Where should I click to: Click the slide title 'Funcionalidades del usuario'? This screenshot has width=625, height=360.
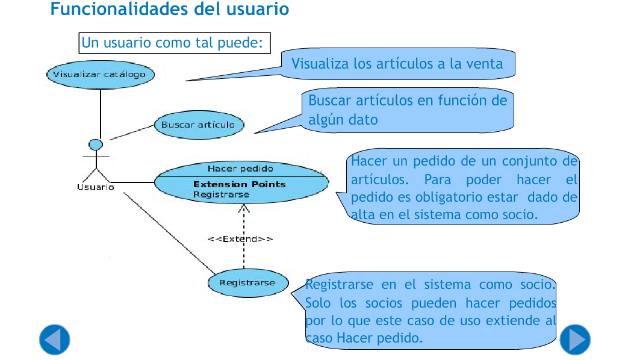click(169, 9)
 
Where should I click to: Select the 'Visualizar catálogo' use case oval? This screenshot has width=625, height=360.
click(101, 75)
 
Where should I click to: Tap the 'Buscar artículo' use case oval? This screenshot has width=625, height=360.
click(199, 125)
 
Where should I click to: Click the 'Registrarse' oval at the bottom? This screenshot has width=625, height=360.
click(248, 283)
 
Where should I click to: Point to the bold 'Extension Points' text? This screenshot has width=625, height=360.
click(240, 184)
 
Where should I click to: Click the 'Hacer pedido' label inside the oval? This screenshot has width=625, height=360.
click(240, 169)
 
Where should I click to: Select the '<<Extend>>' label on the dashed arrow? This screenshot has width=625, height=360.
click(240, 239)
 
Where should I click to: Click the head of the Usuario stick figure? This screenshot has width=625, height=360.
click(96, 144)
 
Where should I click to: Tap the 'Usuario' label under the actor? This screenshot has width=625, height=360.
click(96, 187)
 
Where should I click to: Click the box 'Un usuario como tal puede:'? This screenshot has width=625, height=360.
click(175, 43)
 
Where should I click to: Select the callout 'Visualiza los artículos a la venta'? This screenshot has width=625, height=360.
click(397, 64)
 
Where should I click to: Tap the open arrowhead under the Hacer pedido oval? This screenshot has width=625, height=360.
click(244, 208)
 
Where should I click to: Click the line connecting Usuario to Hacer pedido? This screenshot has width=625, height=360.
click(132, 182)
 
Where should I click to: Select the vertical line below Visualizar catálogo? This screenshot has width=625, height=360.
click(101, 114)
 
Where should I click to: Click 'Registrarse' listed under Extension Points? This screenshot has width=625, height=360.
click(221, 195)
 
